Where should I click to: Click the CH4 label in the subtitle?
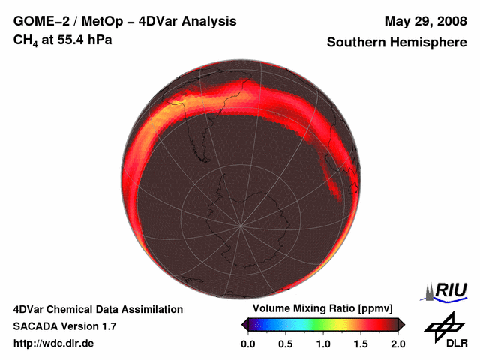click(25, 40)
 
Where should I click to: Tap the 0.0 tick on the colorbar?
click(248, 343)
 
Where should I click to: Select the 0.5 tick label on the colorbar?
click(286, 343)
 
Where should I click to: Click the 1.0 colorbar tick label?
click(323, 343)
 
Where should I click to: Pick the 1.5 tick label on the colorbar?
click(361, 343)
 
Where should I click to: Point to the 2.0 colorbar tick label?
click(397, 343)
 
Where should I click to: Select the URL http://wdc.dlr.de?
click(54, 343)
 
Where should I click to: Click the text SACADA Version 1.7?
click(64, 326)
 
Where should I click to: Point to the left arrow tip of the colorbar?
click(243, 324)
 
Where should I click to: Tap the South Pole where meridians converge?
click(241, 226)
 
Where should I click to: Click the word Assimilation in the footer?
click(153, 309)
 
